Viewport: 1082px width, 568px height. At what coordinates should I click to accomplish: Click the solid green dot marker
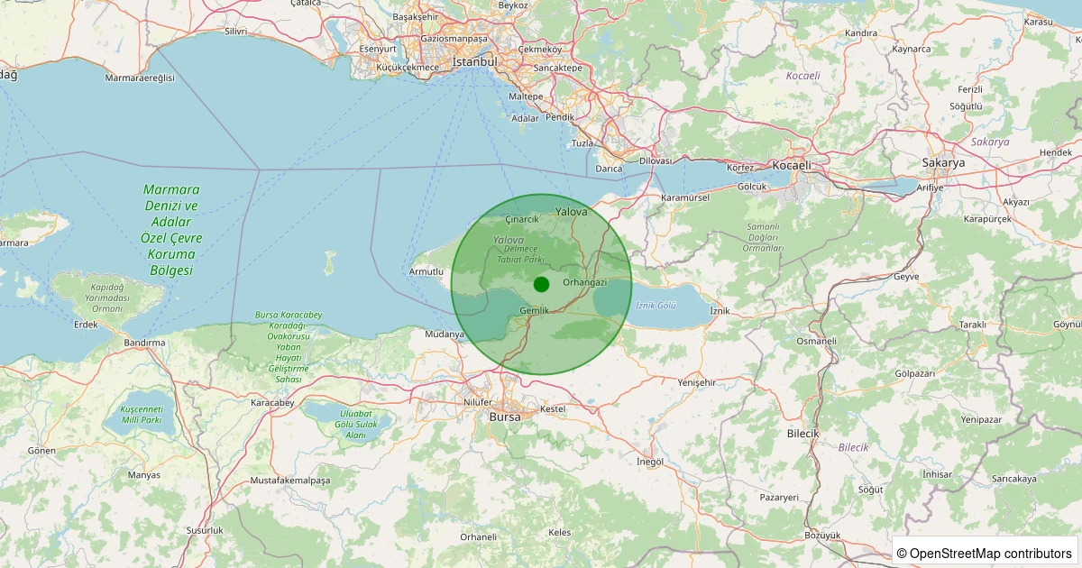pos(541,285)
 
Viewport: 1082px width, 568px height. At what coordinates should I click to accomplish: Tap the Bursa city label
pos(505,417)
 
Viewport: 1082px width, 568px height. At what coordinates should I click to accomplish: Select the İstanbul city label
pos(474,62)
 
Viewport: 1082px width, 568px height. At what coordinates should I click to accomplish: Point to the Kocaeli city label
pos(792,165)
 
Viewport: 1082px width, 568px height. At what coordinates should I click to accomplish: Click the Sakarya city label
pos(943,163)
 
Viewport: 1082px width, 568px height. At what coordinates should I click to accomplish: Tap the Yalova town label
pos(572,212)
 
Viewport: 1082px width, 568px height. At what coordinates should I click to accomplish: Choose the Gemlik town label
pos(535,311)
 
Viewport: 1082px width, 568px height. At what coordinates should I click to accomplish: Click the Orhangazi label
pos(585,282)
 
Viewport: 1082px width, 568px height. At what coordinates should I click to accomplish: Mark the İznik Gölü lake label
pos(656,306)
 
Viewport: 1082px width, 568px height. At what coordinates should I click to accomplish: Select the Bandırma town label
pos(144,343)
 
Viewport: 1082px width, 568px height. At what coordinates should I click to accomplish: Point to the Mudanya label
pos(444,334)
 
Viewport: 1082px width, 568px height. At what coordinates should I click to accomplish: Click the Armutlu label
pos(426,271)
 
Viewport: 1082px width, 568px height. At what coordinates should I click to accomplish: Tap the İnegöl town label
pos(650,462)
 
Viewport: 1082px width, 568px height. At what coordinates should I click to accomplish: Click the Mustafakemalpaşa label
pos(290,481)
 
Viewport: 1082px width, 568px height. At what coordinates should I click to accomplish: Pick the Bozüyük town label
pos(822,535)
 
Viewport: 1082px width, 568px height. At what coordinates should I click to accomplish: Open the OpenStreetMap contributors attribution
pos(985,553)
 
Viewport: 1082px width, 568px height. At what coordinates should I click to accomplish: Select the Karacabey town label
pos(272,402)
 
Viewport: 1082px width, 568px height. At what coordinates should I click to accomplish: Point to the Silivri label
pos(235,31)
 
